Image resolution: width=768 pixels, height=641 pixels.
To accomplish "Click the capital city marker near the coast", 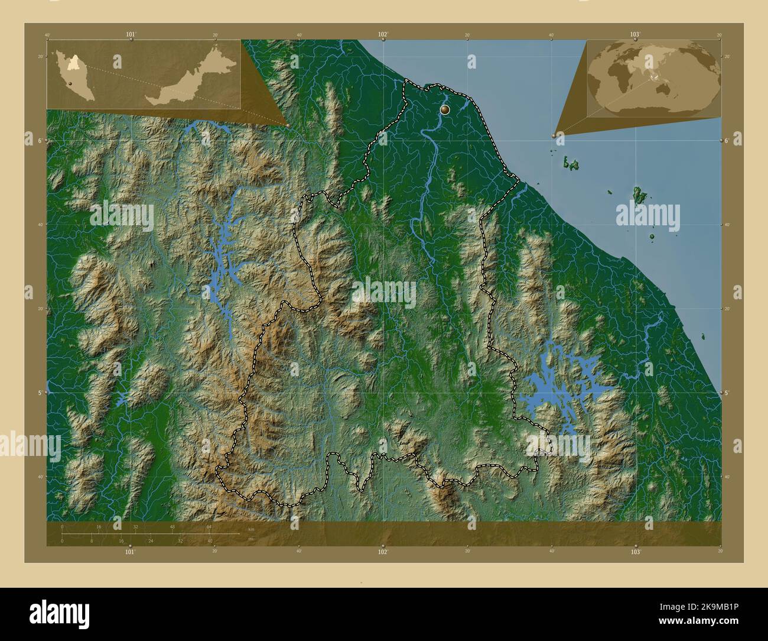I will [445, 109].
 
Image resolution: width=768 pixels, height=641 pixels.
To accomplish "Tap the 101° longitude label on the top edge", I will [131, 35].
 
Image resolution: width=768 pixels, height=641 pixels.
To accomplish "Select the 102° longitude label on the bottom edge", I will [383, 552].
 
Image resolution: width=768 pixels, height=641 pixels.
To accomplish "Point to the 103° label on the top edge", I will [635, 35].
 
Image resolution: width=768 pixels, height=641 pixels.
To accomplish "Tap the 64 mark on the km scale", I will [209, 526].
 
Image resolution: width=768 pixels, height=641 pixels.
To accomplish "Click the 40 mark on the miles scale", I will [210, 540].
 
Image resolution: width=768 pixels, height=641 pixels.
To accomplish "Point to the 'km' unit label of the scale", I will [250, 530].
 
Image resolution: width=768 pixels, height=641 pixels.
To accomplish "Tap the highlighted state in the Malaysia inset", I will [73, 59].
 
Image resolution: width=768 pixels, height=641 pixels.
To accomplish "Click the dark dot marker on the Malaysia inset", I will [70, 85].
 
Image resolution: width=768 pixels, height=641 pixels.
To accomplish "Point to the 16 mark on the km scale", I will [99, 526].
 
